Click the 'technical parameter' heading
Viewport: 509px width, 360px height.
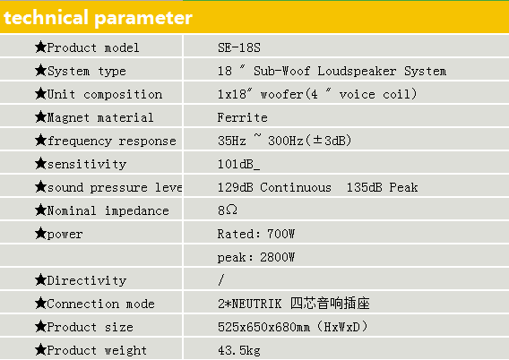pos(98,18)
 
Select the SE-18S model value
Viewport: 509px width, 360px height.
pos(239,47)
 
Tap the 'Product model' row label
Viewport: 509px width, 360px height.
pos(93,47)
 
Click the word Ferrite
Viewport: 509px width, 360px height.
pos(243,117)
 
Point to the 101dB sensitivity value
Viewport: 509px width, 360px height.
pos(238,164)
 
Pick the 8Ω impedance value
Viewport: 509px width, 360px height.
pos(228,210)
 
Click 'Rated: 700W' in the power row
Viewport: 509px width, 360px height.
pos(256,234)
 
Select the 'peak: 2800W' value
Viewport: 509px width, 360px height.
pos(256,257)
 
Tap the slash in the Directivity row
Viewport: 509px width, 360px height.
pos(221,280)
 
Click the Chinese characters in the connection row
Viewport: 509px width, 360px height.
pos(330,304)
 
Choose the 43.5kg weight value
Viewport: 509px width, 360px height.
pos(239,350)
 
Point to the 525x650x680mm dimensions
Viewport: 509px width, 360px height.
pos(264,327)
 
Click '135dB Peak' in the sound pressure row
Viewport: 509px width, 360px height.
pos(383,187)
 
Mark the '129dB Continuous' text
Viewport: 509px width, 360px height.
pos(274,187)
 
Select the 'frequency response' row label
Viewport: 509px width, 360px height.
pos(112,141)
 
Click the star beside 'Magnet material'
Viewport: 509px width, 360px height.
pos(41,116)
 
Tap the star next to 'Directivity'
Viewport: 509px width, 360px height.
pos(41,279)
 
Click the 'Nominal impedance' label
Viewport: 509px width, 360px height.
pos(108,210)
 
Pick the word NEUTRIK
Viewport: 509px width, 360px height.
pos(256,304)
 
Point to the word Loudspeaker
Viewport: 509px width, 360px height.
pos(357,71)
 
